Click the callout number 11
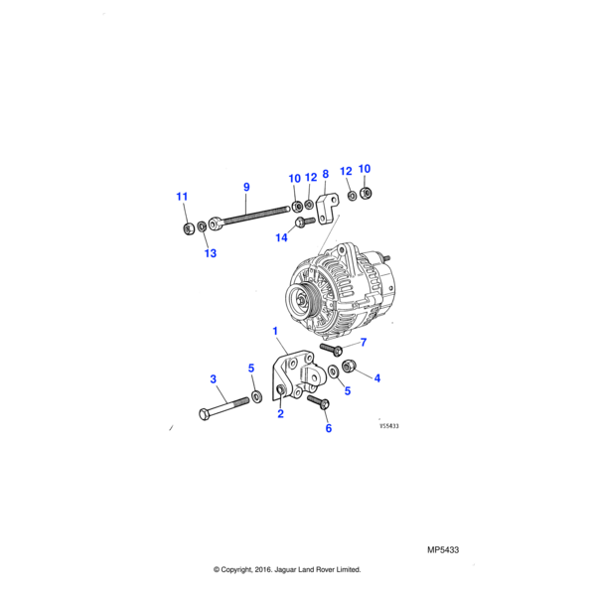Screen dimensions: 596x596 (182, 197)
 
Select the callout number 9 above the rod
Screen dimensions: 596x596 (246, 186)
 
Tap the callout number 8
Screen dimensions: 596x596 (325, 174)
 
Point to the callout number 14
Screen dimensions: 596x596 (282, 237)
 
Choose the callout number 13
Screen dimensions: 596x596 (210, 253)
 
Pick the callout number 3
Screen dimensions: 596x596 (213, 378)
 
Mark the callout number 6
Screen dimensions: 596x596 (329, 428)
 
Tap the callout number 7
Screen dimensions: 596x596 (364, 343)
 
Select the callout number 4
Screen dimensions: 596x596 (376, 377)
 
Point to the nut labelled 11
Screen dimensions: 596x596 (189, 229)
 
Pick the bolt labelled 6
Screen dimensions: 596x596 (318, 401)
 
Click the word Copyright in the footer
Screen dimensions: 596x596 (243, 569)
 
